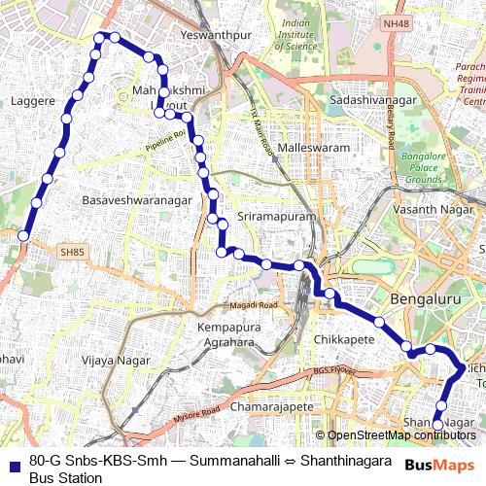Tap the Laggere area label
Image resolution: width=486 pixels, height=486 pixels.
pyautogui.click(x=32, y=100)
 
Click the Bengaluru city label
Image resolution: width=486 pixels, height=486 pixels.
pyautogui.click(x=425, y=299)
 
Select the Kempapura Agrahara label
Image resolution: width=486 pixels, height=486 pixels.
pyautogui.click(x=231, y=335)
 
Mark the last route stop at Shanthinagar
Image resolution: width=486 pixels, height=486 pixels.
pyautogui.click(x=437, y=425)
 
